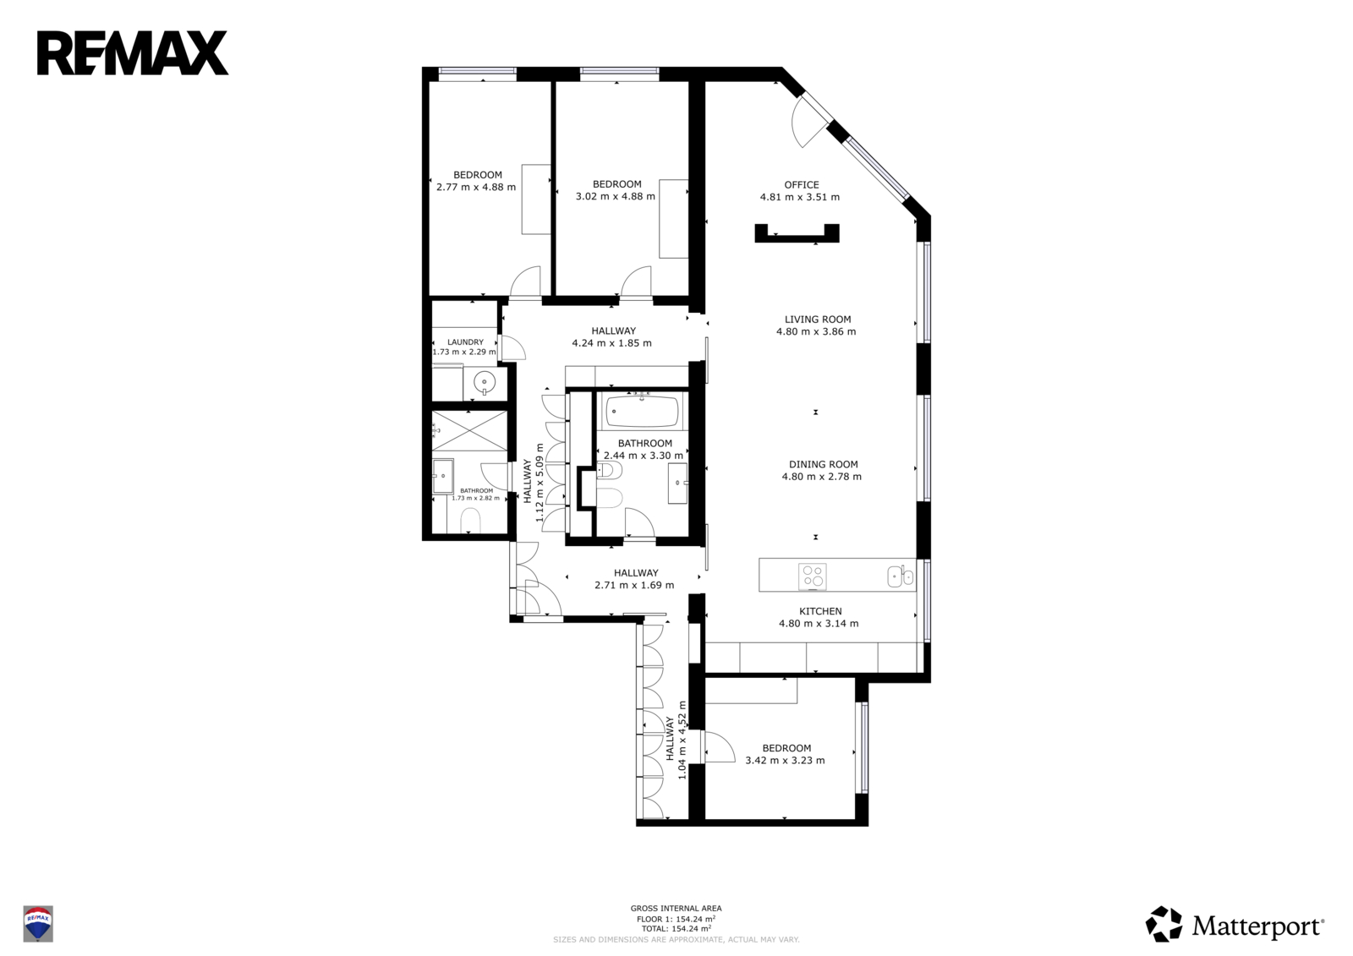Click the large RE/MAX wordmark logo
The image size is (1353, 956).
coord(133,53)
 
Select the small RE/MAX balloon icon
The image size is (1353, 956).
coord(38,923)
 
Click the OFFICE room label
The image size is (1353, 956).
coord(802,185)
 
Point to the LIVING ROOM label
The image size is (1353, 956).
coord(818,319)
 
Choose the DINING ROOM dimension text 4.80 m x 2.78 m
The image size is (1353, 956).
coord(821,477)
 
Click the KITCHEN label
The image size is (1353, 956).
coord(820,611)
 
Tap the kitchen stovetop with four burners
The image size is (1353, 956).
coord(813,576)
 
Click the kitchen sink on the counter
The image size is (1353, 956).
coord(901,576)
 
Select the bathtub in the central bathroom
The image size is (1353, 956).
coord(642,411)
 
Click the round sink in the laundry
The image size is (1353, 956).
coord(485,382)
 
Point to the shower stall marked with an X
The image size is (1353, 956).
coord(470,430)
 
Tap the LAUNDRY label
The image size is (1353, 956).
coord(465,341)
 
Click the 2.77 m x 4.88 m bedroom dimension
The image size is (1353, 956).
coord(476,187)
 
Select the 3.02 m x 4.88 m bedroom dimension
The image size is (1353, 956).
coord(616,196)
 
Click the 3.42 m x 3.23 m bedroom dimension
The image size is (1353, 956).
coord(785,761)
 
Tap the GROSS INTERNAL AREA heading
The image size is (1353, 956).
coord(676,909)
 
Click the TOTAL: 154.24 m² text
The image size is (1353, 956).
coord(676,929)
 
